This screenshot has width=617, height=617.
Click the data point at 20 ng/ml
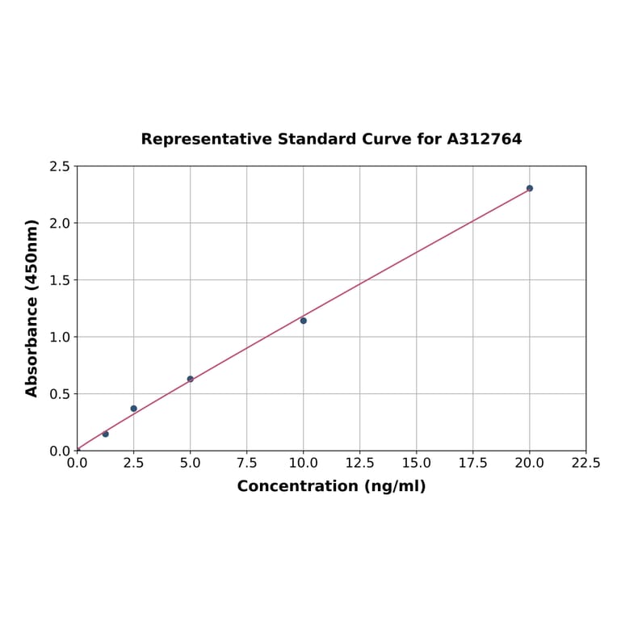(x=530, y=188)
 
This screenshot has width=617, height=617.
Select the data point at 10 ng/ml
(x=304, y=321)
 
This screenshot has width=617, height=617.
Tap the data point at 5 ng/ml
(x=191, y=379)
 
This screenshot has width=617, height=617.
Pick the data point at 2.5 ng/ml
(x=134, y=409)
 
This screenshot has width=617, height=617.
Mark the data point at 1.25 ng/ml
(x=106, y=434)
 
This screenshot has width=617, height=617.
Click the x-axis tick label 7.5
(x=247, y=464)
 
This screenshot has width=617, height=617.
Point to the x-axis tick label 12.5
(x=360, y=464)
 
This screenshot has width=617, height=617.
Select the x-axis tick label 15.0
(x=417, y=464)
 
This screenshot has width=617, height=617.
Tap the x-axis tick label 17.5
(x=473, y=464)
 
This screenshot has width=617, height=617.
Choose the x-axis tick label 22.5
(x=586, y=464)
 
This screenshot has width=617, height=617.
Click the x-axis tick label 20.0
(x=530, y=464)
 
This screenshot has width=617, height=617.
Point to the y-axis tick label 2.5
(x=60, y=166)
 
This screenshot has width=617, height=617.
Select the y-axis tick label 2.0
(x=60, y=223)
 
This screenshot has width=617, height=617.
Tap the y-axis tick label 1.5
(x=60, y=280)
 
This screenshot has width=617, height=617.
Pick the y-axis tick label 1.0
(x=60, y=337)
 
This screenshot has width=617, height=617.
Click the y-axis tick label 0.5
(x=60, y=394)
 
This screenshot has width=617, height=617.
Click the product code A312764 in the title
(x=485, y=139)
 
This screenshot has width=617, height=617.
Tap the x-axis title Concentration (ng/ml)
(x=331, y=486)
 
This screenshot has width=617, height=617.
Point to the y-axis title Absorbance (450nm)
(x=32, y=308)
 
